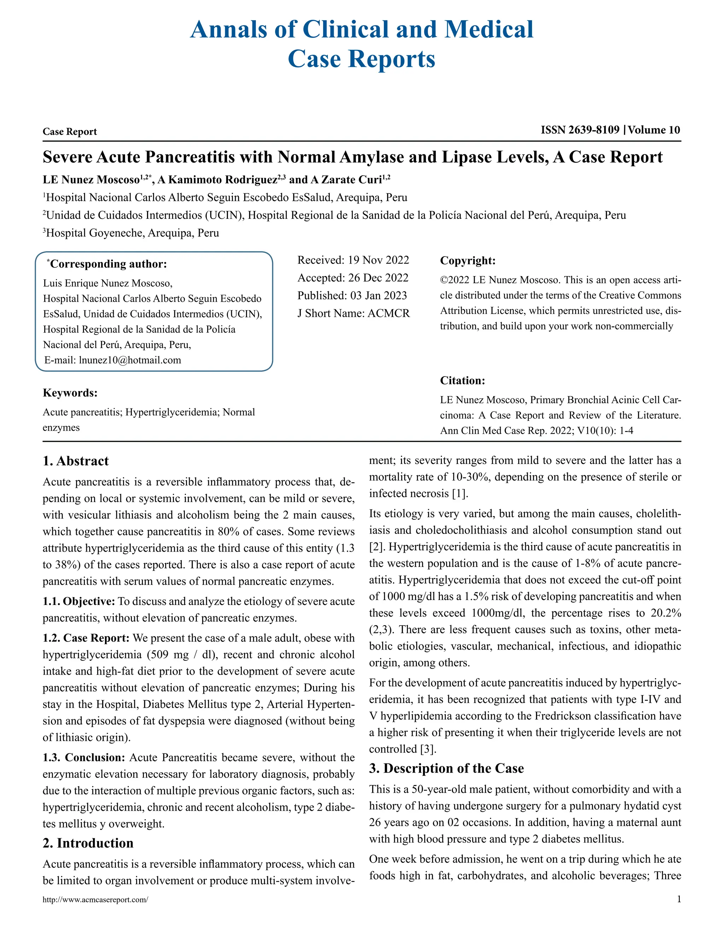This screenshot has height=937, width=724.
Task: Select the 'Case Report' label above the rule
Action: click(70, 132)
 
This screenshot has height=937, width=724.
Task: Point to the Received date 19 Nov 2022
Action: click(378, 260)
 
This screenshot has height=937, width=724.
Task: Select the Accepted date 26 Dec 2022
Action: click(378, 278)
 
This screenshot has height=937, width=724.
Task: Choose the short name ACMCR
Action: click(389, 314)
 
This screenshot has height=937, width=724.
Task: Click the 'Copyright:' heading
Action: click(467, 261)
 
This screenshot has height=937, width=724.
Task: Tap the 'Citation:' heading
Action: click(462, 380)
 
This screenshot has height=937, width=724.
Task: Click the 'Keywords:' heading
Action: click(70, 393)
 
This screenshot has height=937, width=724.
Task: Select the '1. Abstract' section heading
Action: click(76, 461)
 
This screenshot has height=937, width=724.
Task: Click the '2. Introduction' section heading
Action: click(88, 843)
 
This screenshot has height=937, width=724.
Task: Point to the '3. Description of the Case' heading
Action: click(446, 768)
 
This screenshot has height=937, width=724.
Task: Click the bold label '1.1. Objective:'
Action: click(78, 601)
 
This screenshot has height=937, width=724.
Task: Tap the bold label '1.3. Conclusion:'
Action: click(84, 758)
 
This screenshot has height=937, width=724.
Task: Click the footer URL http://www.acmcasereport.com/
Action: click(95, 900)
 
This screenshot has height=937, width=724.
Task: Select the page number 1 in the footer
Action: click(678, 899)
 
